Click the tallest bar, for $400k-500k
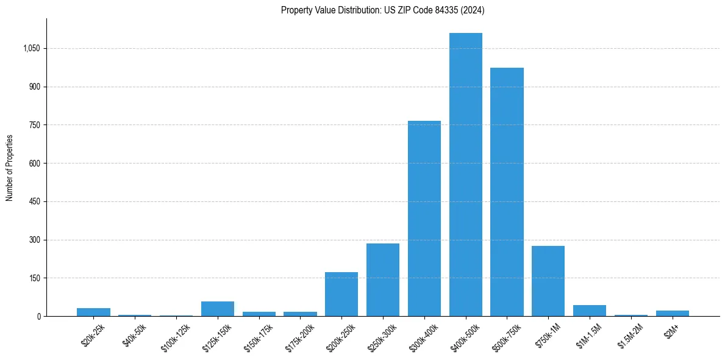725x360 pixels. coord(465,175)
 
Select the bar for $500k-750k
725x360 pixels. coord(507,192)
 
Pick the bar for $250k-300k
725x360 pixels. coord(383,279)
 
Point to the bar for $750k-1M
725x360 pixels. coord(548,281)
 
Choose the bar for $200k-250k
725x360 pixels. coord(341,294)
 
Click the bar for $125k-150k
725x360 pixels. coord(218,309)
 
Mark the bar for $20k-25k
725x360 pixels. coord(93,312)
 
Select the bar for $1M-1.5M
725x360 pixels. coord(590,311)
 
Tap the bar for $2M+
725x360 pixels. coord(672,313)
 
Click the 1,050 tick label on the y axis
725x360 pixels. coord(31,49)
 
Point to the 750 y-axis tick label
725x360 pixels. coord(34,125)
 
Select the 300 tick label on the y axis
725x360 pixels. coord(34,240)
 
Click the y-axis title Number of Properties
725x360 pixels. coord(10,167)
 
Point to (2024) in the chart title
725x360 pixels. coord(473,10)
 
